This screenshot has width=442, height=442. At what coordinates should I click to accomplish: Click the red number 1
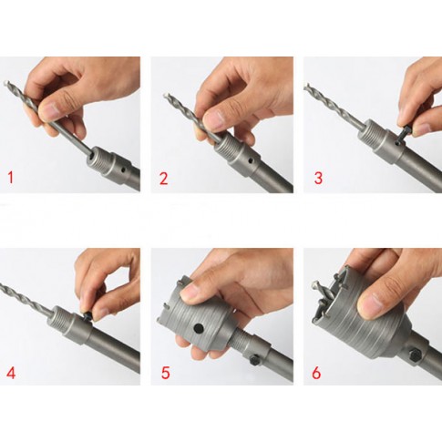11,178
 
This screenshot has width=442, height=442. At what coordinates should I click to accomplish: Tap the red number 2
163,179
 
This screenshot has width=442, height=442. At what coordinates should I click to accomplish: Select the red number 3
318,178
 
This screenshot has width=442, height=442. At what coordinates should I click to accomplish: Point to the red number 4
11,373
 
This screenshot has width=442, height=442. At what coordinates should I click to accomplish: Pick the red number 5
165,373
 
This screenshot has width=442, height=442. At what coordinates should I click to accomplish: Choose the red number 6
316,373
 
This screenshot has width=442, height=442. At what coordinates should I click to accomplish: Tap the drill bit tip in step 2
166,96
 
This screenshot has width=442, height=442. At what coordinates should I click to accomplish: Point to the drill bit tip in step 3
306,86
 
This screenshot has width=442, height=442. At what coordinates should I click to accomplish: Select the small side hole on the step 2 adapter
250,159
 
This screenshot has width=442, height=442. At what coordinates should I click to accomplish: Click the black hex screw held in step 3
406,131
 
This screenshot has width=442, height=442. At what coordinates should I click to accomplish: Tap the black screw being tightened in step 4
87,316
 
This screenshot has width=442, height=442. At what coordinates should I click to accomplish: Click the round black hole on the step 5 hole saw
199,328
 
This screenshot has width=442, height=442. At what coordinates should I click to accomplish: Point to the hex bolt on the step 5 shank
254,361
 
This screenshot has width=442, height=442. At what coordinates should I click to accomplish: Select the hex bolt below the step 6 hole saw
415,355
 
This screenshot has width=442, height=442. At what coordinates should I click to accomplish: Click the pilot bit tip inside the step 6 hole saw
315,284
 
